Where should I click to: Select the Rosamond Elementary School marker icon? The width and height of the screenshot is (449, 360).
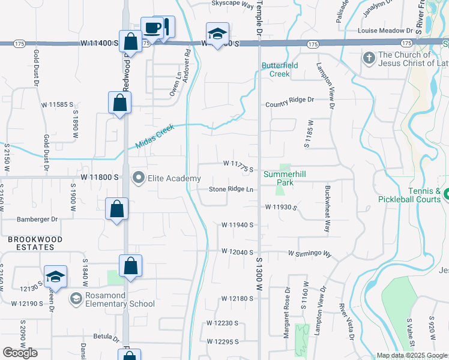[76, 298]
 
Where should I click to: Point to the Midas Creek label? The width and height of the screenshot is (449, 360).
[154, 136]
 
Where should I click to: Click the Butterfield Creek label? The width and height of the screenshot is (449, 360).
[276, 70]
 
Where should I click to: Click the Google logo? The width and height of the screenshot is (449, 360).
[20, 353]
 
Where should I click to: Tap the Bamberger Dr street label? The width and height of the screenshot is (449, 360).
[37, 220]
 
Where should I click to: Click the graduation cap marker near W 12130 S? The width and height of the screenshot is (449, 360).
[55, 277]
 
